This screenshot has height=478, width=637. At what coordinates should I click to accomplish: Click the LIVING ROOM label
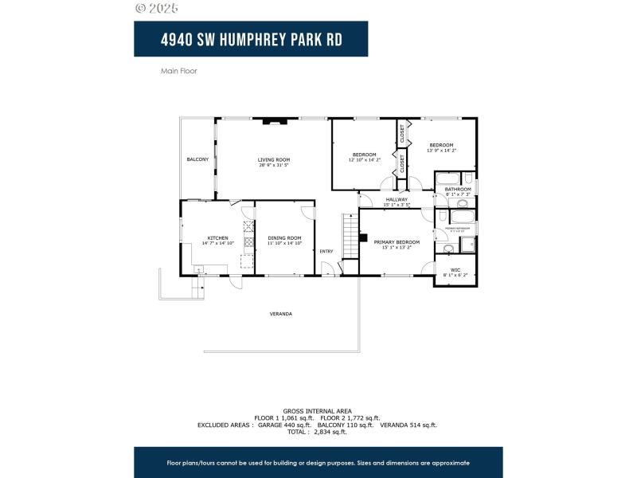tap(273, 159)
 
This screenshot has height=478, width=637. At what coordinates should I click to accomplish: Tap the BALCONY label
tap(197, 159)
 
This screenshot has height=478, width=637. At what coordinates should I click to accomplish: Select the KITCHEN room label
tap(218, 237)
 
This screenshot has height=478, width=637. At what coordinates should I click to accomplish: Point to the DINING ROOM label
tap(284, 237)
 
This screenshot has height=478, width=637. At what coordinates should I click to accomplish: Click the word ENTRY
tap(326, 252)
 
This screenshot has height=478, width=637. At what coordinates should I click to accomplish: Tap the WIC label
tap(455, 270)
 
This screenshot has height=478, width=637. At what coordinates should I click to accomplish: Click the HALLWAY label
tap(397, 199)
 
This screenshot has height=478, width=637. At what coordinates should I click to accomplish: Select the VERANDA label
tap(280, 314)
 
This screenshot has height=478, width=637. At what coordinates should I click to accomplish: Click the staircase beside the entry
tap(350, 236)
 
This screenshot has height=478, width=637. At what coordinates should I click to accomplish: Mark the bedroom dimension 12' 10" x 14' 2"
tap(365, 160)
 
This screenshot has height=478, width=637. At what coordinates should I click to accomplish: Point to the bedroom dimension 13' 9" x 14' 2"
tap(441, 150)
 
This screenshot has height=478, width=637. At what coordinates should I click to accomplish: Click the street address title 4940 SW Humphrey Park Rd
tap(250, 39)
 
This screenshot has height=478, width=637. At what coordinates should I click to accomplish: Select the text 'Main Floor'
tap(178, 71)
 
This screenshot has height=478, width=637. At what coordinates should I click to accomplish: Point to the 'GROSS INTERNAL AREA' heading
tap(317, 411)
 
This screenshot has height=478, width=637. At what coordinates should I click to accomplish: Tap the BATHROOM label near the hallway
tap(458, 189)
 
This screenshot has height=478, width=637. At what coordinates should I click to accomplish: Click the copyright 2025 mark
tap(157, 8)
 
